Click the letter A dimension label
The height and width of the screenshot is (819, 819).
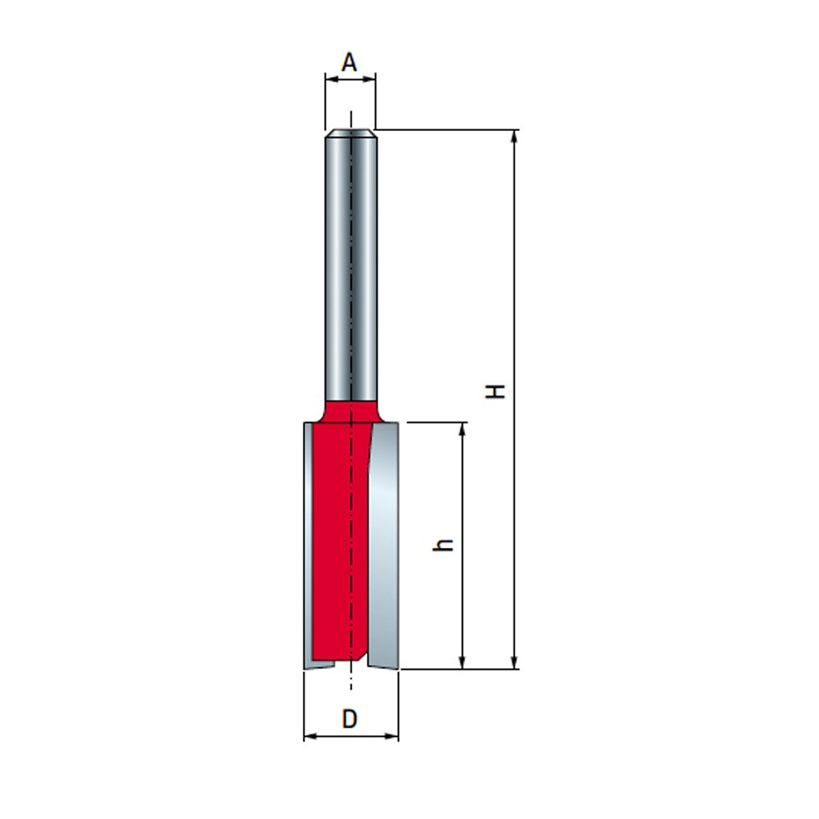tap(350, 62)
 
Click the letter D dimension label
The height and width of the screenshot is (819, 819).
tap(350, 719)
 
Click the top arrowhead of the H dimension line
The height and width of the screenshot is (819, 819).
tap(514, 136)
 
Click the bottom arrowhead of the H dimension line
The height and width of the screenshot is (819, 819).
tap(514, 663)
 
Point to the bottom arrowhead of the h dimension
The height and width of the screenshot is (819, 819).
tap(464, 663)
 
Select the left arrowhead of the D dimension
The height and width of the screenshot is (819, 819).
tap(310, 737)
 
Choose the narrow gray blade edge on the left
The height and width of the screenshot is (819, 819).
tap(307, 541)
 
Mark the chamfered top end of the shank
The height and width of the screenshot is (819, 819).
tap(351, 133)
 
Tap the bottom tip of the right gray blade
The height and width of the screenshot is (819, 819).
tap(385, 665)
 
